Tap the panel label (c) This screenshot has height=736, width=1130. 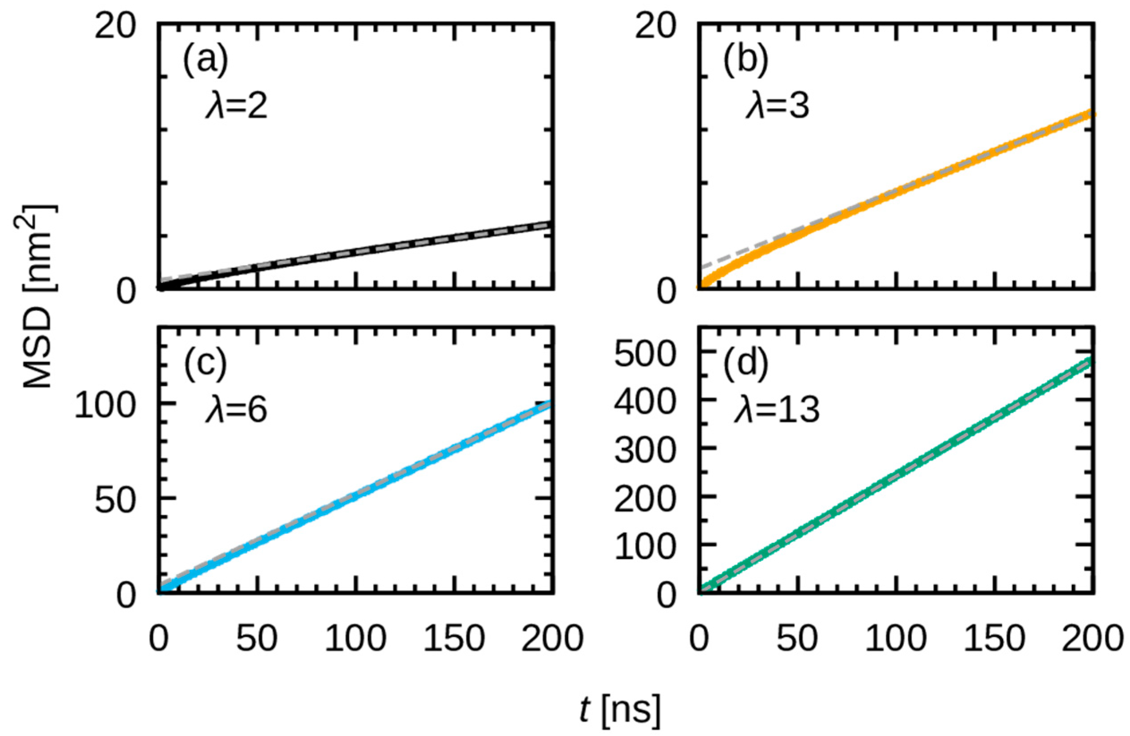(206, 366)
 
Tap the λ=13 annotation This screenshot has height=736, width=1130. (777, 411)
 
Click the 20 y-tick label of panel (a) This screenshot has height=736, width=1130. (114, 28)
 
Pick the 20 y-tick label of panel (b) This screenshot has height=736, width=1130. (654, 28)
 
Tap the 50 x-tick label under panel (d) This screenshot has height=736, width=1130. (798, 639)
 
